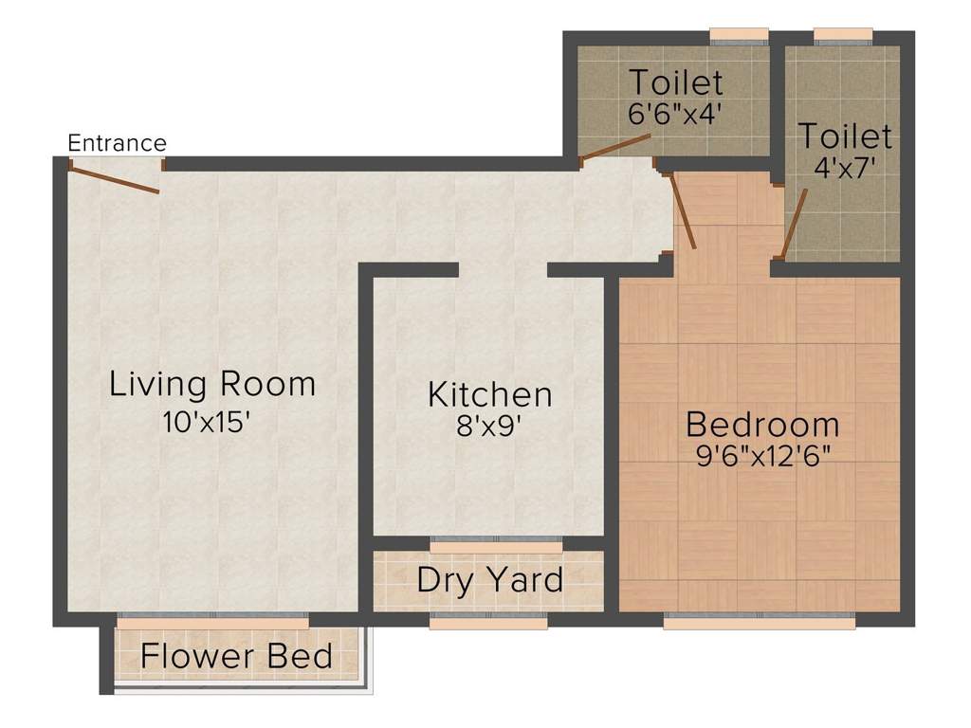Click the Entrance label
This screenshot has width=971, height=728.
point(118,143)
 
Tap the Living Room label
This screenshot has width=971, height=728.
point(212,385)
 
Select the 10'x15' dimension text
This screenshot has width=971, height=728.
point(207,422)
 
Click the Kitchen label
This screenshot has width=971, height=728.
point(489,393)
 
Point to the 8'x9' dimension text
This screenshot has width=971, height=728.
point(489,426)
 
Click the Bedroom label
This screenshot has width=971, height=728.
point(762,423)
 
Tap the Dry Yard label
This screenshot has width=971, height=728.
point(489,579)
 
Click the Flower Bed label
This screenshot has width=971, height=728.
point(236,655)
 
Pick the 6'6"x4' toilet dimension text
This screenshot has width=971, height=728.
point(675,113)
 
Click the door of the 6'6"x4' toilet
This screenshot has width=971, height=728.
point(615,146)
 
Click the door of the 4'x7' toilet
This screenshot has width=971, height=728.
point(793,223)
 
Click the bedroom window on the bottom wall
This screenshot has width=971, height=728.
point(759,621)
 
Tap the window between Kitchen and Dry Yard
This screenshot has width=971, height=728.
point(496,544)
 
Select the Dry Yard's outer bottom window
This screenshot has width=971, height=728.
point(488,622)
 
